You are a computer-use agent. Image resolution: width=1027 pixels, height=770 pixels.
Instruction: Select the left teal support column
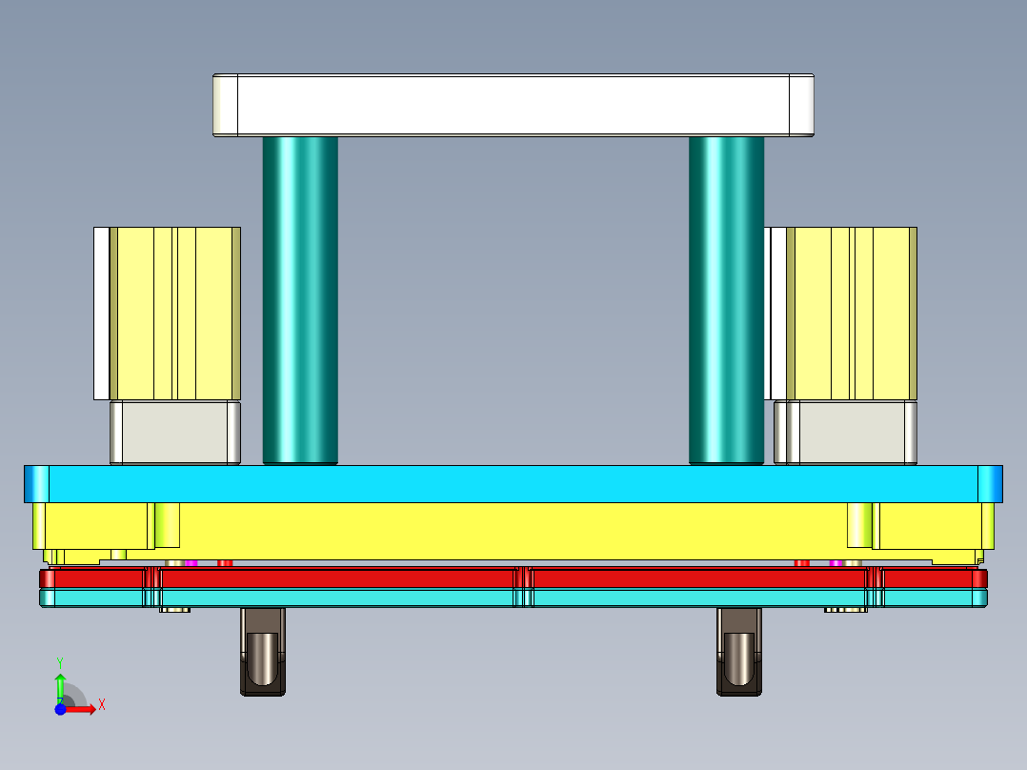click(x=300, y=300)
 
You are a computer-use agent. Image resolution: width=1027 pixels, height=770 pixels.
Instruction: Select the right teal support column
click(x=726, y=300)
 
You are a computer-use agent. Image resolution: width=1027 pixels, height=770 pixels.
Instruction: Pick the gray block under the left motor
click(x=174, y=433)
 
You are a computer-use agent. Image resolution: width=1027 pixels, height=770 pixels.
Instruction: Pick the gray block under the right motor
click(x=846, y=433)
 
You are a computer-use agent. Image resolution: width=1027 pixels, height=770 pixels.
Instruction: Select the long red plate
click(x=333, y=578)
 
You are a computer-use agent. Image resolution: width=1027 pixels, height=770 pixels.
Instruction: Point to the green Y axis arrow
click(x=60, y=684)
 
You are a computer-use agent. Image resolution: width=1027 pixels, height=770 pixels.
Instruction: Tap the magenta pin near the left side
click(x=191, y=563)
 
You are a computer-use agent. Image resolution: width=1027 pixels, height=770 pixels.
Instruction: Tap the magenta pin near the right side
click(x=836, y=563)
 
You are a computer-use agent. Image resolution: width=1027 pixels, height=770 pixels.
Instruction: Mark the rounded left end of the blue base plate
click(x=36, y=483)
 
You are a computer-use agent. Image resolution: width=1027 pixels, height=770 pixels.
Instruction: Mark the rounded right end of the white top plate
click(x=802, y=105)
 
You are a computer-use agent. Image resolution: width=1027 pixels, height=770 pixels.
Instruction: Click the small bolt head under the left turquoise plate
click(x=174, y=610)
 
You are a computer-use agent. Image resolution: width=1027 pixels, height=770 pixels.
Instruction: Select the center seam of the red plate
click(x=522, y=578)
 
